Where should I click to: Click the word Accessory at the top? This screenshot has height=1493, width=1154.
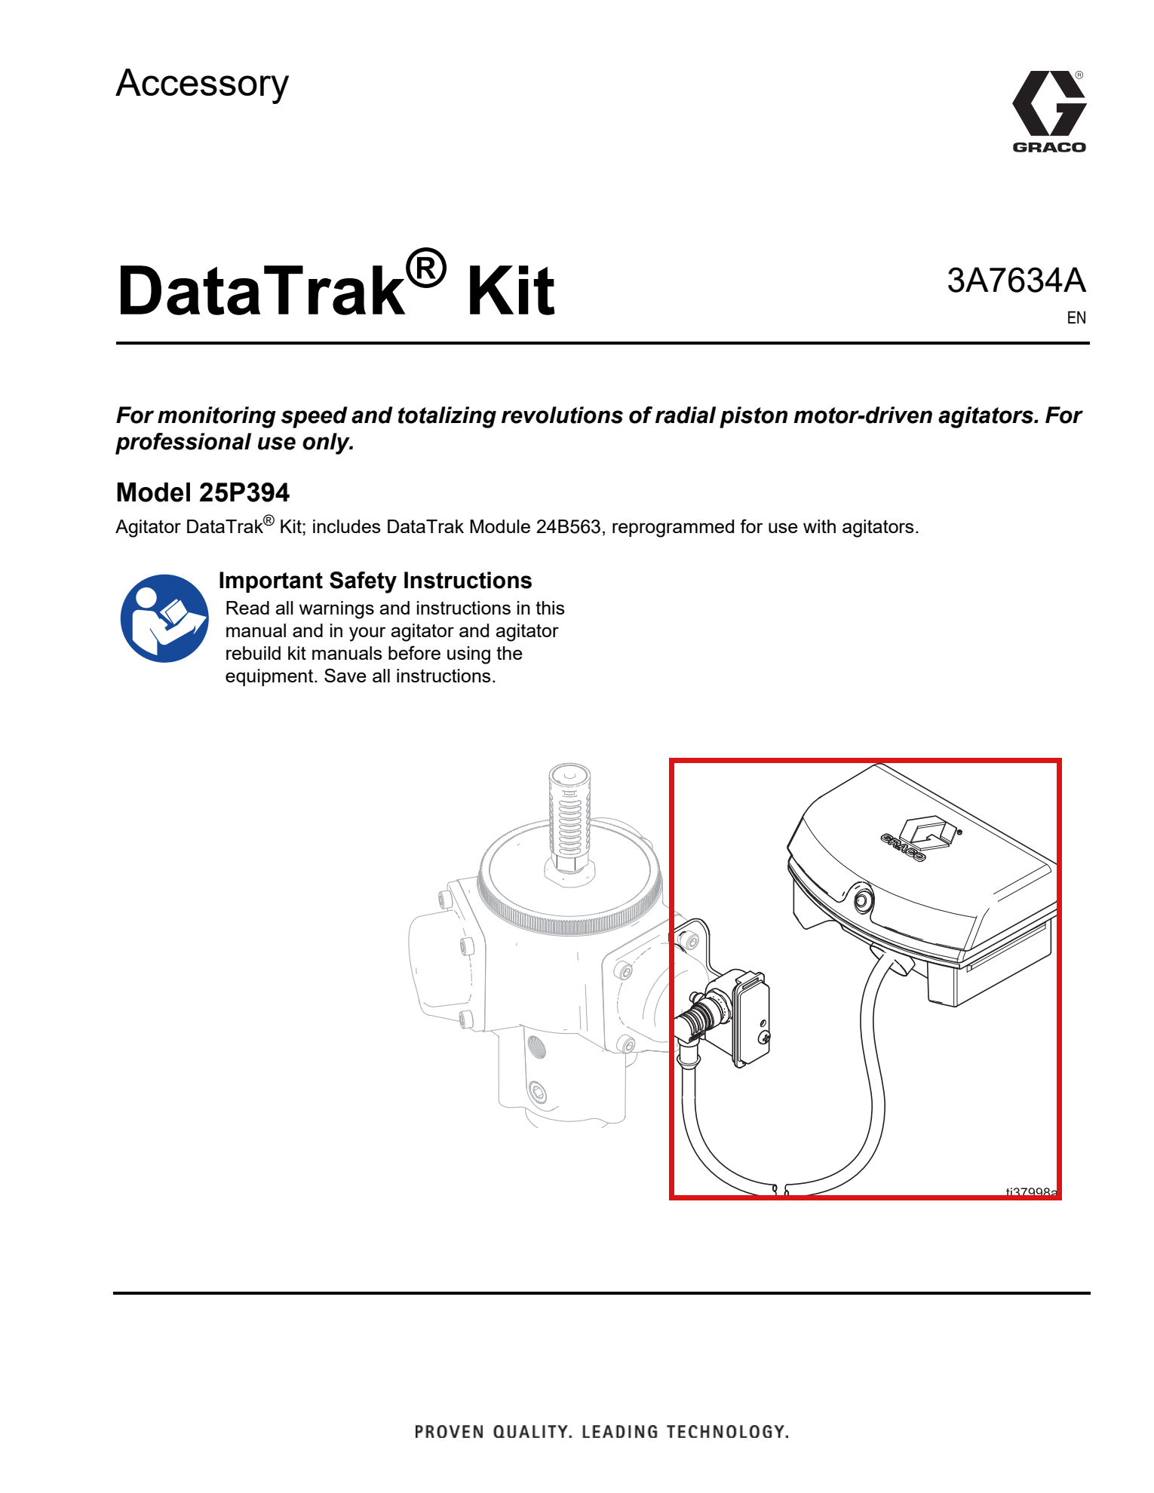tap(202, 84)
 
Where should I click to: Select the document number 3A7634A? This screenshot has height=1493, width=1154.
tap(1016, 281)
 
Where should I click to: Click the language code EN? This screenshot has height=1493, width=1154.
tap(1076, 318)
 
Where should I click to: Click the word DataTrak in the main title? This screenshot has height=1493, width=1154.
tap(261, 291)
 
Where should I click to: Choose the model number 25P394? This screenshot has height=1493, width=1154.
tap(244, 492)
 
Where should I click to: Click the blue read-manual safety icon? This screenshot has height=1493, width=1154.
tap(164, 618)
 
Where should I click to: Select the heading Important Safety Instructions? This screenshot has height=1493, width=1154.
tap(375, 581)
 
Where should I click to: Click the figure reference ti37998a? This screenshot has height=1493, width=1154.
tap(1032, 1191)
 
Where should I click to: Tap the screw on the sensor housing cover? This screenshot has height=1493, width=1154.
tap(766, 1038)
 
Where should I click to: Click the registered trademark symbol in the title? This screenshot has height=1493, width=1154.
tap(426, 268)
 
